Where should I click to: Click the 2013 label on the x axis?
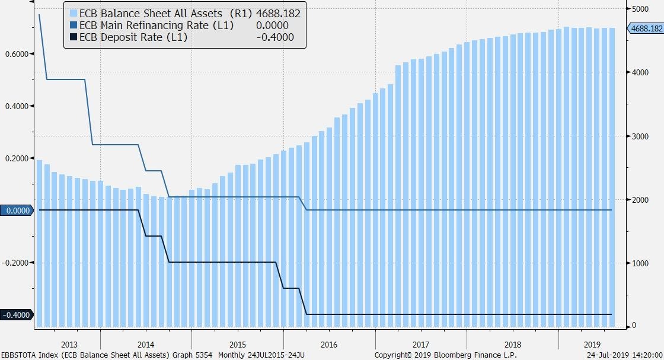pos(69,344)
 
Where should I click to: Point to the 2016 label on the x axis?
pos(329,344)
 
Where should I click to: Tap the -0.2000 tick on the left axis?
pos(17,263)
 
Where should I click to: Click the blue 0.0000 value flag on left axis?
pos(17,211)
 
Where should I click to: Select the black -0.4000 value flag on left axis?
pos(17,315)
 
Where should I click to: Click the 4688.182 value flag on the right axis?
pos(646,28)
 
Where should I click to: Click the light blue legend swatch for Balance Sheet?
pos(74,13)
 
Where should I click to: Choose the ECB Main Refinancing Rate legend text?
pos(157,26)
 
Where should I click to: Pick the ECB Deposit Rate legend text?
pos(133,38)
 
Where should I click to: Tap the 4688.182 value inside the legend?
pos(278,13)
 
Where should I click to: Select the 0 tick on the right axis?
pos(634,326)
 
